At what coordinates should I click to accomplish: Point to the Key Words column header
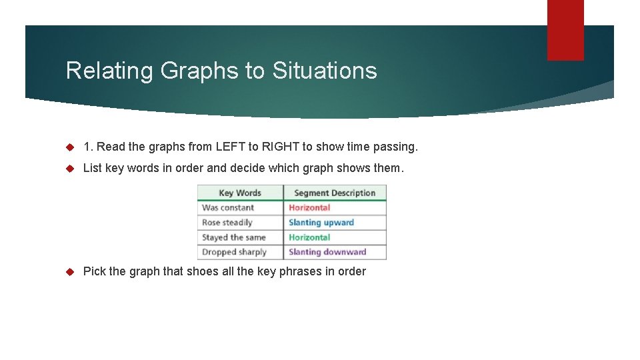tap(240, 193)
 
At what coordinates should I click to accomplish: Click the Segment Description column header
tap(335, 193)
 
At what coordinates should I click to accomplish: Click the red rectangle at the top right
tap(565, 30)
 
